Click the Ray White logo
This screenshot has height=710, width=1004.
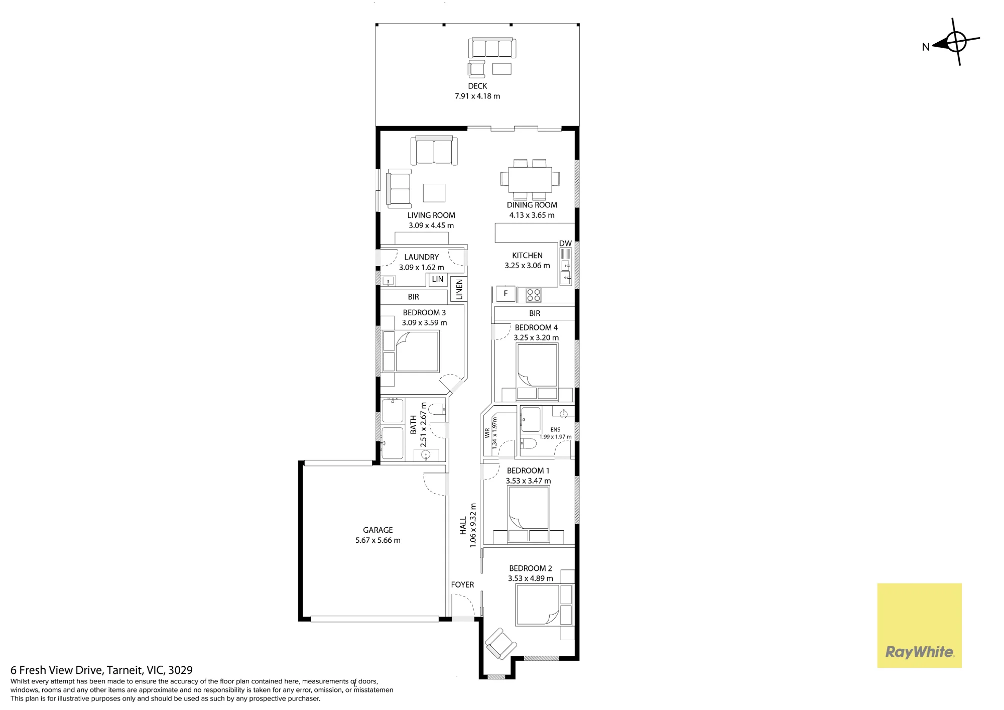click(919, 625)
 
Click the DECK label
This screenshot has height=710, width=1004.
click(477, 86)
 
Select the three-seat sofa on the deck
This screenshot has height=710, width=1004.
click(492, 48)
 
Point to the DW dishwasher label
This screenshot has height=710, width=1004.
click(565, 244)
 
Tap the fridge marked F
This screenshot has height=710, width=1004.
click(506, 294)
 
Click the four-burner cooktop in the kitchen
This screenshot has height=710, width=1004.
click(534, 295)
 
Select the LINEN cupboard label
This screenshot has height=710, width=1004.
click(459, 290)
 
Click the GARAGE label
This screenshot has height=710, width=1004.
click(378, 530)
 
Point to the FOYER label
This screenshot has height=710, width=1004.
click(462, 584)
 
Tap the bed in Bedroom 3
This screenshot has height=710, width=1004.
click(417, 351)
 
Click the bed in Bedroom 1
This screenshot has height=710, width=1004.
click(528, 507)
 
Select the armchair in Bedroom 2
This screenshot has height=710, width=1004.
click(500, 644)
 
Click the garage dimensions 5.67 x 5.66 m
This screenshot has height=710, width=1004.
click(378, 540)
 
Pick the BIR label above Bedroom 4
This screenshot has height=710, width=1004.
click(535, 313)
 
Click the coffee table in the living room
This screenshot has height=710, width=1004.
click(434, 193)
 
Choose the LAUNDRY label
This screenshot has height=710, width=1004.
click(421, 257)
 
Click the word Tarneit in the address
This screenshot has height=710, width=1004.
click(124, 670)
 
